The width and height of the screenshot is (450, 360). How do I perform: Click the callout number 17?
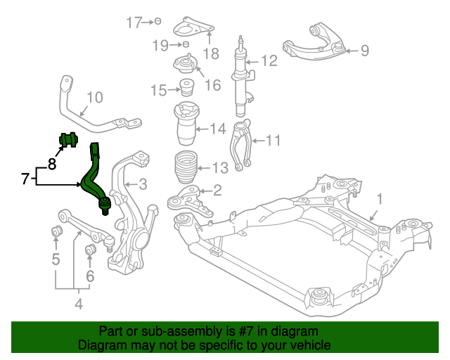[134, 22]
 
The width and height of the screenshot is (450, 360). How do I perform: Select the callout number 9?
[365, 50]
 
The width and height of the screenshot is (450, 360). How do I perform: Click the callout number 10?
[94, 98]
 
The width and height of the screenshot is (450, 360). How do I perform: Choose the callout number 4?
[78, 304]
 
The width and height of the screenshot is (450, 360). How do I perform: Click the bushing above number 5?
[56, 231]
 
